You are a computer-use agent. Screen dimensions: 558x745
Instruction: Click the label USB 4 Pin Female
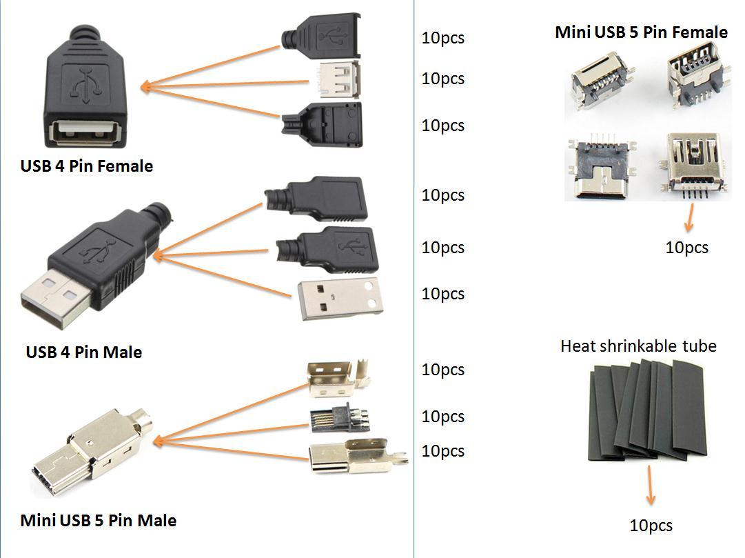[87, 166]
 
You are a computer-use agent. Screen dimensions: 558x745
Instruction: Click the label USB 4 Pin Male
[84, 352]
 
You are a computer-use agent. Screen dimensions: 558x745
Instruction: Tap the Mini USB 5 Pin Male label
[99, 521]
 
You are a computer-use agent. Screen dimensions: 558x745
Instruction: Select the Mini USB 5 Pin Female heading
[641, 32]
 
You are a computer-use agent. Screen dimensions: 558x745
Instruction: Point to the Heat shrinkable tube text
[638, 346]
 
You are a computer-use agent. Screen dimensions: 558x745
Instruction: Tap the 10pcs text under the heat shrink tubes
[651, 526]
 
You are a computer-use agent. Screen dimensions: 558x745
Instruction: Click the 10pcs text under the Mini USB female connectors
[686, 248]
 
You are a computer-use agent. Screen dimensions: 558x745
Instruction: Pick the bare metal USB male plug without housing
[340, 298]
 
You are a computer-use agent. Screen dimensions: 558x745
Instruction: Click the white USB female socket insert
[338, 79]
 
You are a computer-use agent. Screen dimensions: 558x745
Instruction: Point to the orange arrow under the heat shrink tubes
[650, 486]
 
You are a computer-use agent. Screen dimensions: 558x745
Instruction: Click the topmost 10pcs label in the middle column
[442, 39]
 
